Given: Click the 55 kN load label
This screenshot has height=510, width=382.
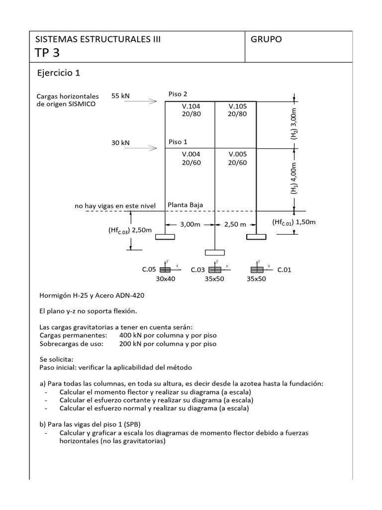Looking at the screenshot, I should coord(121,96).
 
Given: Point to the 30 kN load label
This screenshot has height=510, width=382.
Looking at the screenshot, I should coord(120,142).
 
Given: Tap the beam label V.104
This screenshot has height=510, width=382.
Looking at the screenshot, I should coord(191,106).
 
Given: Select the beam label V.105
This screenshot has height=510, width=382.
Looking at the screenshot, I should coord(238,106).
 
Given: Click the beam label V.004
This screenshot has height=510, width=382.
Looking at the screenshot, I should coord(191,154).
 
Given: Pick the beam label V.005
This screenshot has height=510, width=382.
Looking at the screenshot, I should coord(238,154).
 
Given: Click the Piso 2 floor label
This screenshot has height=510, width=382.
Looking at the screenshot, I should coord(178,94).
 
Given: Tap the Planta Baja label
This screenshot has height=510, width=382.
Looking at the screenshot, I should coord(185,205).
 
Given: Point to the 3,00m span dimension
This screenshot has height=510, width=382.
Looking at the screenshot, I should coord(190,224).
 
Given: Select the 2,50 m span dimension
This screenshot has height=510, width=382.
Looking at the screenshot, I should coord(235,224).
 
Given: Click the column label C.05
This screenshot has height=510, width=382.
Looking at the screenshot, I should coord(149,269).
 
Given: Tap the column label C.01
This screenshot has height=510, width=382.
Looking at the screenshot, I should coord(284,269).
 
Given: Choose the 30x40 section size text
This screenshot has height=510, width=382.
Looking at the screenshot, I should coord(166,279).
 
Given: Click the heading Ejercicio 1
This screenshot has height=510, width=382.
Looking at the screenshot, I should coord(58,73).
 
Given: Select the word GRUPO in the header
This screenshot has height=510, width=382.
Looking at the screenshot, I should coord(266,39).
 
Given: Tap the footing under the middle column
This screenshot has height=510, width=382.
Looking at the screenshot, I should coord(214,253).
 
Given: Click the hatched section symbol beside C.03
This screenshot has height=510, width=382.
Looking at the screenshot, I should coord(215,269).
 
